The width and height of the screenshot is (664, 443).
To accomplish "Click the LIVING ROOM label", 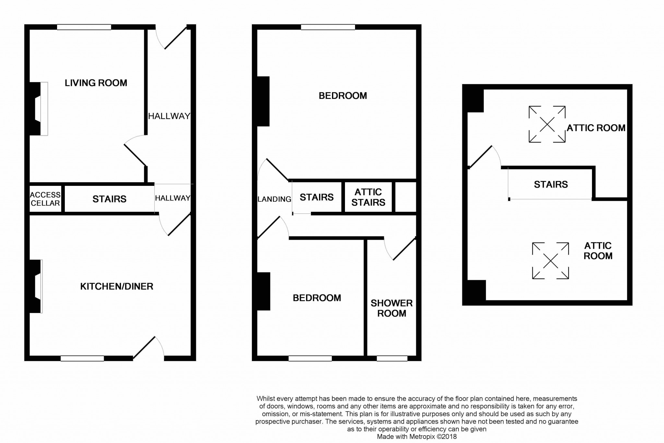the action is click(96, 83).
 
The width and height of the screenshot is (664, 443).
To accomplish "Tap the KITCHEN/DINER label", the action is click(117, 286).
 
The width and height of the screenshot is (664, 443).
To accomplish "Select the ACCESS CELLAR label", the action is click(45, 199).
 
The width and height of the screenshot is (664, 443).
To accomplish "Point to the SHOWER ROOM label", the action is click(392, 308).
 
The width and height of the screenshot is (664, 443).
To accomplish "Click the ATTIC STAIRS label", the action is click(368, 197).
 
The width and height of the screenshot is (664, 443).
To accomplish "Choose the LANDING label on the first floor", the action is click(274, 199).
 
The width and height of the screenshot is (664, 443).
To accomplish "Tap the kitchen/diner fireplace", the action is click(36, 286).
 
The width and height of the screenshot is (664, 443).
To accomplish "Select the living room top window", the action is click(84, 27).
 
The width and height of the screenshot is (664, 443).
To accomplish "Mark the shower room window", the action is click(392, 358).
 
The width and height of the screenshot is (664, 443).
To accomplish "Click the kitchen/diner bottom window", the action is click(82, 358).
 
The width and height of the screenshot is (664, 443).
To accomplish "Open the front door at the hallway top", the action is click(171, 37).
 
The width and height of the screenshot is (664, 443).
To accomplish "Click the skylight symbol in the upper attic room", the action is click(547, 124).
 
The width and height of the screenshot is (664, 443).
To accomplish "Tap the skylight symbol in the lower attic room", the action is click(551, 261).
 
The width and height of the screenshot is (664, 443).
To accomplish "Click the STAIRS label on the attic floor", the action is click(551, 185).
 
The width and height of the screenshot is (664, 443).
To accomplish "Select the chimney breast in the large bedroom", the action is click(263, 101).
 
